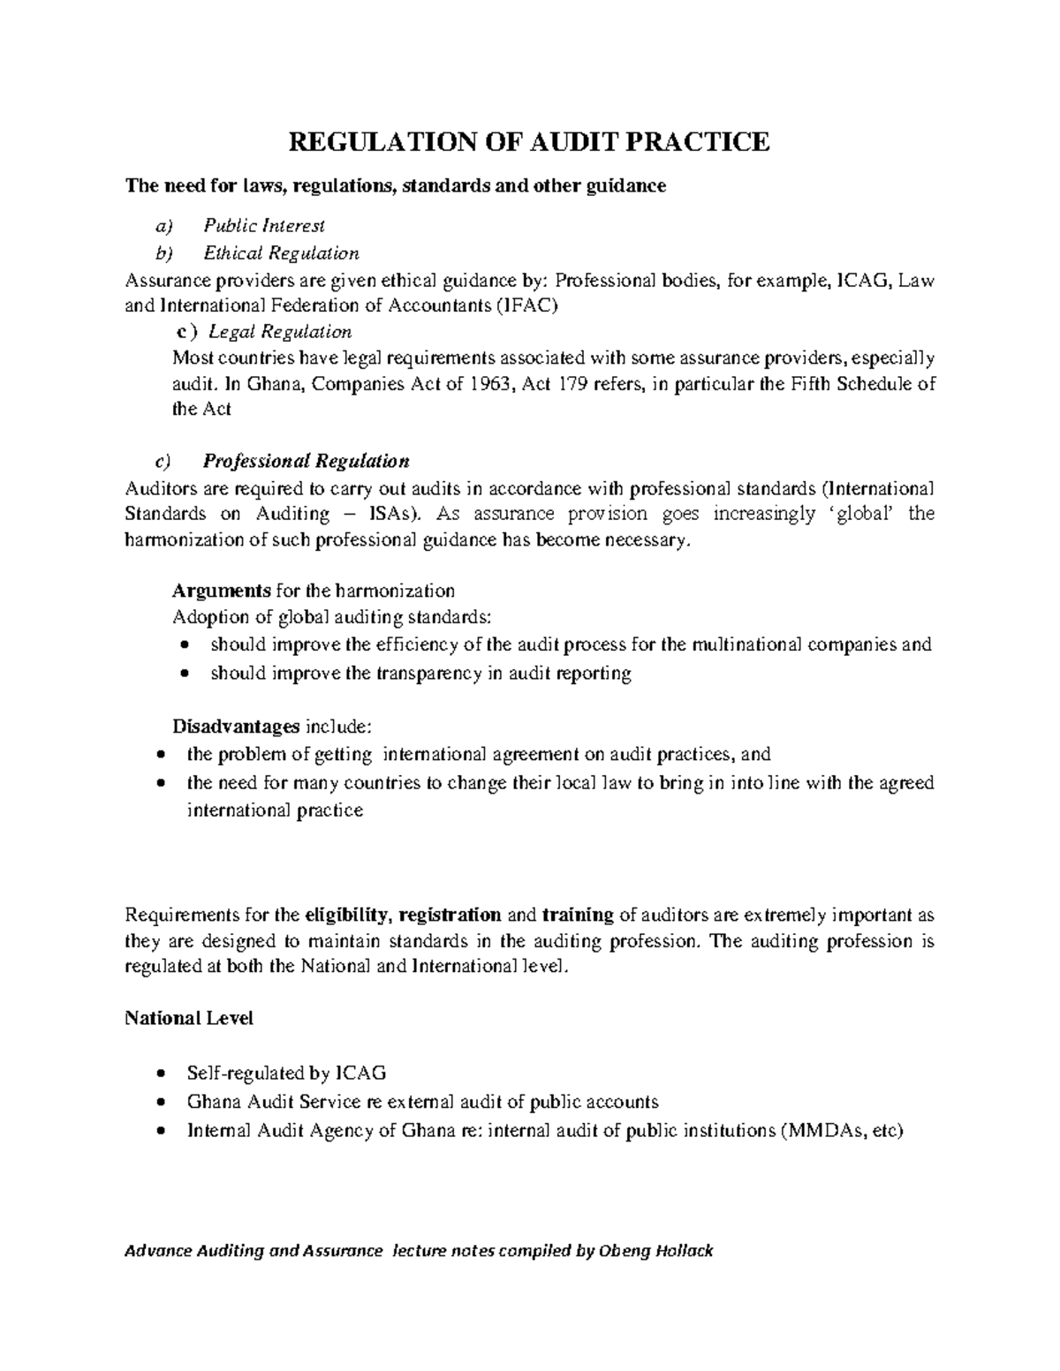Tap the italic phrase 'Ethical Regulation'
click(281, 253)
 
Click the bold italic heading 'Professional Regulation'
click(306, 461)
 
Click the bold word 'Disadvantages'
click(235, 727)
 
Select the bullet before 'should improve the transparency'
click(184, 674)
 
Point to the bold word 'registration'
click(450, 915)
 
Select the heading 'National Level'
click(189, 1018)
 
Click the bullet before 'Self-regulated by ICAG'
click(160, 1074)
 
